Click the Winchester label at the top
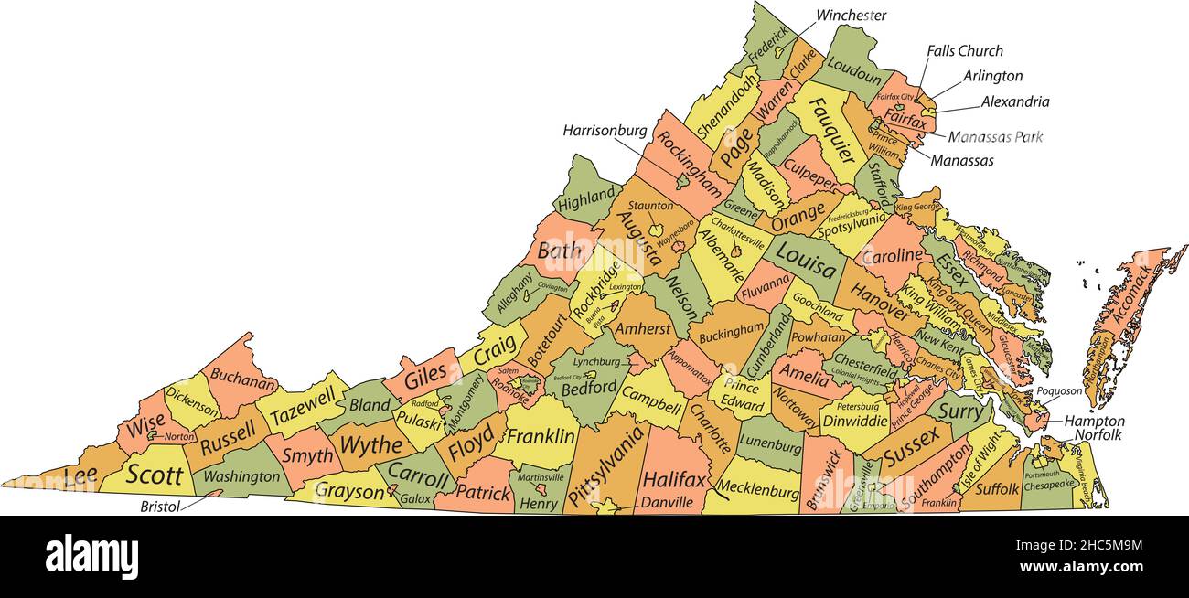[851, 16]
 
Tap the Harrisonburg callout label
[605, 132]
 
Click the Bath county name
[559, 251]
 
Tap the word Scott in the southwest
[155, 475]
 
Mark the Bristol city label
[159, 505]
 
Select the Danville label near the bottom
[667, 502]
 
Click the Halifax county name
[674, 479]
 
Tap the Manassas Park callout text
[994, 137]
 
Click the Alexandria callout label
[1015, 102]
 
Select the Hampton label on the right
[1094, 422]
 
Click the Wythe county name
[370, 445]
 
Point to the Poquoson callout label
[1059, 391]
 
